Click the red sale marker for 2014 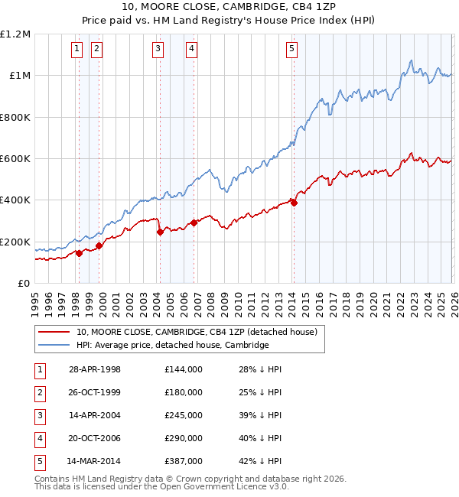point(295,203)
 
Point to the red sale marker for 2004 point(160,232)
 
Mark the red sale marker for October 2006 point(194,223)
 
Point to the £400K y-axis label point(17,200)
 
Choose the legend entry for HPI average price point(172,345)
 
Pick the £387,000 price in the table point(183,461)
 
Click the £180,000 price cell point(183,392)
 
